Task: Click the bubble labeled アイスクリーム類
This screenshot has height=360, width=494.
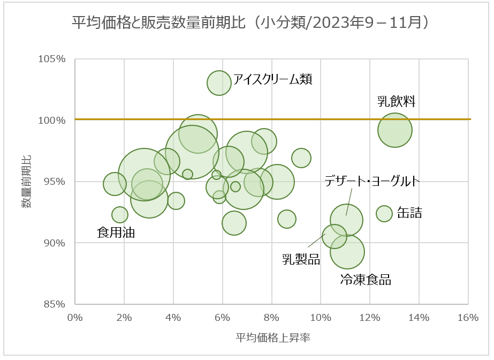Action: [219, 82]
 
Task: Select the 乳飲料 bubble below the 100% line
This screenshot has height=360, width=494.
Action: [395, 130]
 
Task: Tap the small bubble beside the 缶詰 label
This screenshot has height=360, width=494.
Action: [384, 213]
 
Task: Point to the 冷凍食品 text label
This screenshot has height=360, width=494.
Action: [366, 280]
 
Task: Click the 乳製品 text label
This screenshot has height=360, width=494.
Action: [301, 260]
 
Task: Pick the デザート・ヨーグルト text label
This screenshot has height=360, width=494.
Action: [372, 181]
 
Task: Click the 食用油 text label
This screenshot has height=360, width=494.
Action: [116, 232]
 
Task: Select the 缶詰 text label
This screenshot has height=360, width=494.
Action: [409, 213]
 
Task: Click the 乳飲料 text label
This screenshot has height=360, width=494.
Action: [397, 101]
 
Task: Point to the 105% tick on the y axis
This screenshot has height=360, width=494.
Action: [52, 59]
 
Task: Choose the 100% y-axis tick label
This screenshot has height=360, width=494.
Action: [52, 121]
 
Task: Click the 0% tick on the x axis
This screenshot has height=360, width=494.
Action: [75, 317]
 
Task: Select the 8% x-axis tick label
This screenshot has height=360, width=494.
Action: [271, 317]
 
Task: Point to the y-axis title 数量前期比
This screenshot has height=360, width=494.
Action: [27, 182]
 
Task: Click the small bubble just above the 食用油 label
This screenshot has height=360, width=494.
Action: [120, 215]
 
